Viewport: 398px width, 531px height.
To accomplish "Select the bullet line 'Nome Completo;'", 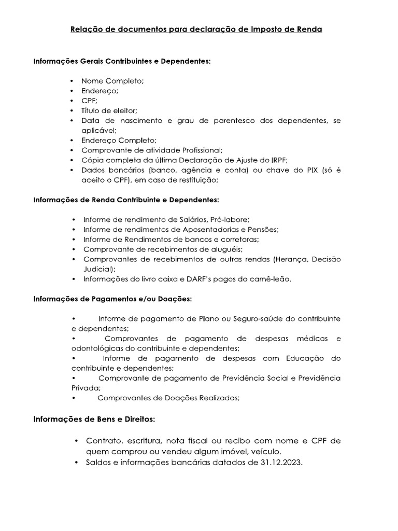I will tap(112, 81).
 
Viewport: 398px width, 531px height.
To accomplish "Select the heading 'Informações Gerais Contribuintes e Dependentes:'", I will tap(122, 61).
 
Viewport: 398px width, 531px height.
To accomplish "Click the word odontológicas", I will tap(96, 348).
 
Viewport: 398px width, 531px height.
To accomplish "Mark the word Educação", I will tap(307, 358).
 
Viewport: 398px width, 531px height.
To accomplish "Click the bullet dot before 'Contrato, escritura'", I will tap(77, 441).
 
